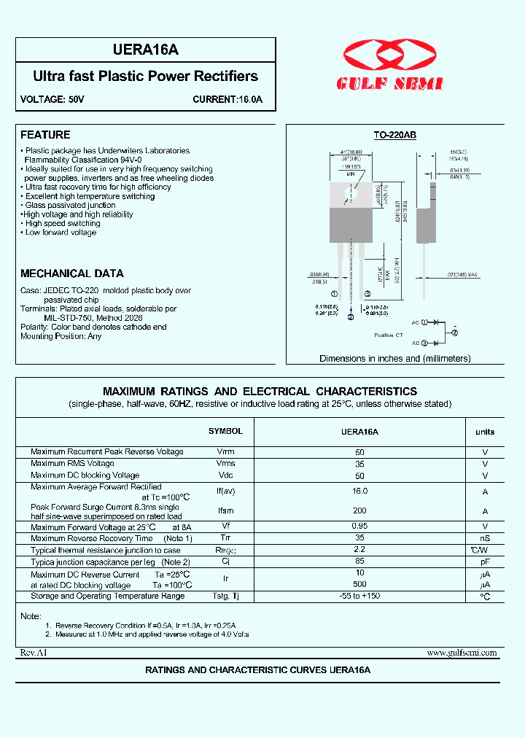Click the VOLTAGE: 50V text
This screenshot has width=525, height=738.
[x=52, y=98]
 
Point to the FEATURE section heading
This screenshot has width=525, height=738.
[x=45, y=135]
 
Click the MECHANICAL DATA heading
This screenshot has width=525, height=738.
[x=72, y=273]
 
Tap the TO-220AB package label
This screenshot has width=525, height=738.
[x=394, y=135]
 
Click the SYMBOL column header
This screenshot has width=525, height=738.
[x=225, y=431]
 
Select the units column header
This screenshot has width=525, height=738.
[x=485, y=432]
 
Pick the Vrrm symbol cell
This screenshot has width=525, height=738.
[x=225, y=452]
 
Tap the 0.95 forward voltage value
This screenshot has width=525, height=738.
[x=359, y=527]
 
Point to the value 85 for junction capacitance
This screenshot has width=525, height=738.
[x=359, y=562]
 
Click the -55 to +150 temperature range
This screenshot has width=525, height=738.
[x=359, y=596]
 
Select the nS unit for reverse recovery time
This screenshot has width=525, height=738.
[x=485, y=538]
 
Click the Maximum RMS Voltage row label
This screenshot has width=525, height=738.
[x=72, y=463]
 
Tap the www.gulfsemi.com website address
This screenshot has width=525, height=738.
[x=462, y=653]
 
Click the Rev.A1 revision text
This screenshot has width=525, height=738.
[x=34, y=653]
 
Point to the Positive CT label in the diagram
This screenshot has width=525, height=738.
[x=389, y=335]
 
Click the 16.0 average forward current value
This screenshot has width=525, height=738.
[x=359, y=492]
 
